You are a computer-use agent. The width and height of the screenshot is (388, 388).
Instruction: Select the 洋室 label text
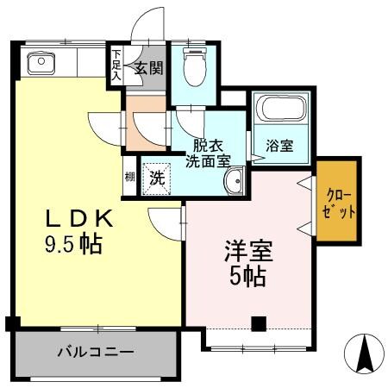[x=249, y=252]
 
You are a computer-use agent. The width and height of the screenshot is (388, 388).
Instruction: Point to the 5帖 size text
[x=249, y=277]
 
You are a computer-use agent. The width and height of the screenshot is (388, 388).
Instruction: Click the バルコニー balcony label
[x=96, y=352]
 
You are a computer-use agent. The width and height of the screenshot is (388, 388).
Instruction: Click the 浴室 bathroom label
[x=279, y=147]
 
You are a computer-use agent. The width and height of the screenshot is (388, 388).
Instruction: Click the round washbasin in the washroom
[x=233, y=183]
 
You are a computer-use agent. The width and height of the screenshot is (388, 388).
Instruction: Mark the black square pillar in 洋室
[x=257, y=324]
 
